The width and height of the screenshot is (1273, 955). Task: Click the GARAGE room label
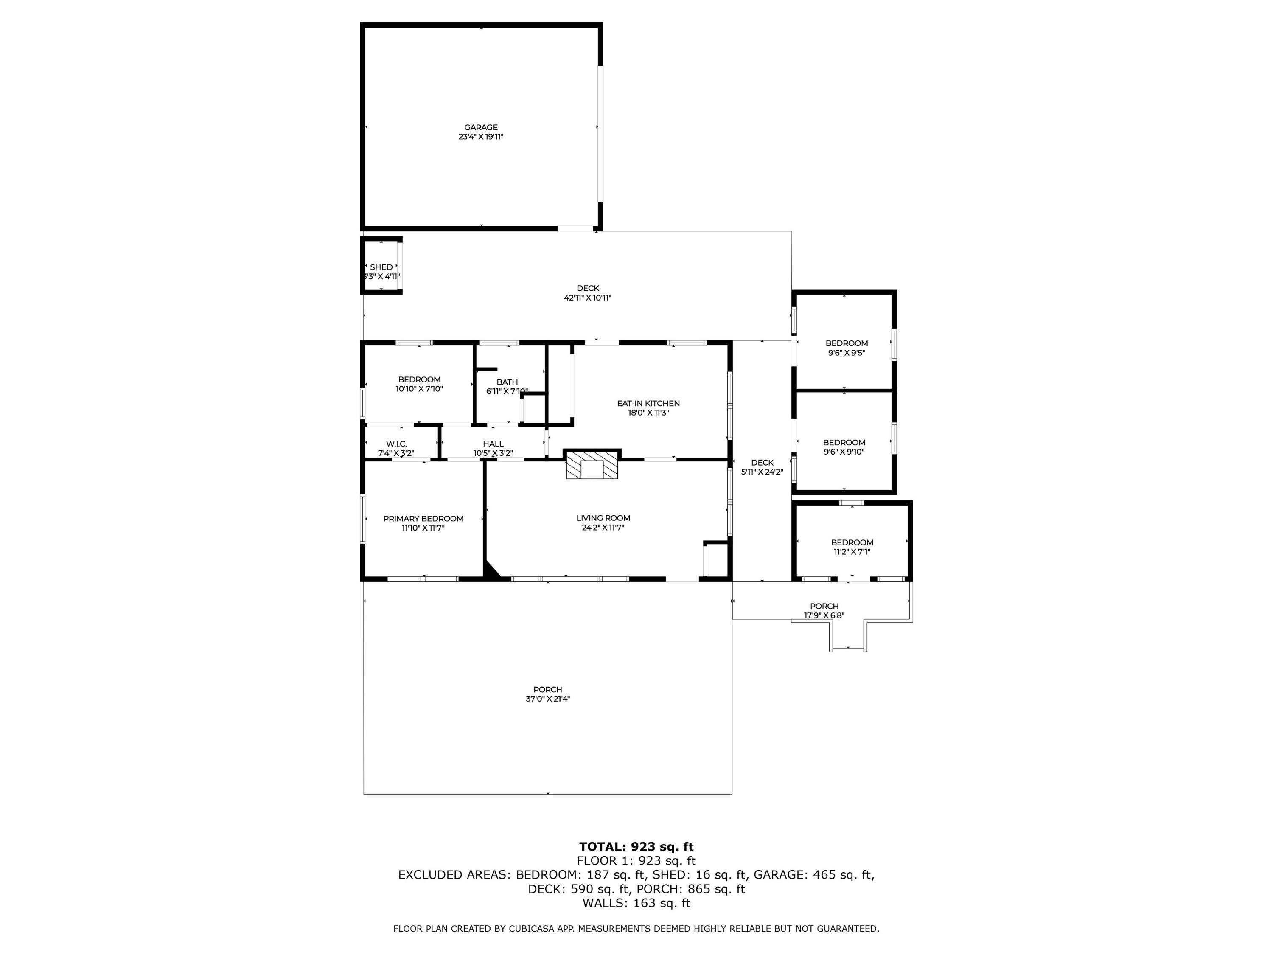click(481, 127)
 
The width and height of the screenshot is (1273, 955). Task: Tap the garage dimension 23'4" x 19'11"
click(481, 137)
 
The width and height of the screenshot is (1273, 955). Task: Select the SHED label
click(381, 267)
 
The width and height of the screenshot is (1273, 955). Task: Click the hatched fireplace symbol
click(592, 464)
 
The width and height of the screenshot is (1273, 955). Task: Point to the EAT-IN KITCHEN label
click(648, 404)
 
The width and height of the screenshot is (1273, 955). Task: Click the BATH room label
click(507, 382)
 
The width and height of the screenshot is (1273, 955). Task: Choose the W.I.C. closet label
click(396, 444)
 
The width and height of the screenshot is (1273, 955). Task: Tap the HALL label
click(493, 444)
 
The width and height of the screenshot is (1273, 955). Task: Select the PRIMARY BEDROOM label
click(423, 519)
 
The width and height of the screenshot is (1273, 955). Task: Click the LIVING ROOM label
click(603, 518)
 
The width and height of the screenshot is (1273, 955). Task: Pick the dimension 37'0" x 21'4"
click(547, 699)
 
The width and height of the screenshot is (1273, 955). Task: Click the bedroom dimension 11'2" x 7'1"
click(852, 551)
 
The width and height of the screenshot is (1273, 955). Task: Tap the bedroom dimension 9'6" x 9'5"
click(847, 352)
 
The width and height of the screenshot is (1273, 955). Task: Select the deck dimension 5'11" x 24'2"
click(762, 472)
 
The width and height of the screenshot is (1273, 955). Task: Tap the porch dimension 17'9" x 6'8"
click(824, 615)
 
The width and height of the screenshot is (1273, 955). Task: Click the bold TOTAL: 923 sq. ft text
click(636, 847)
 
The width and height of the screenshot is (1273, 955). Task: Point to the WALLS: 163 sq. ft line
click(636, 903)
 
